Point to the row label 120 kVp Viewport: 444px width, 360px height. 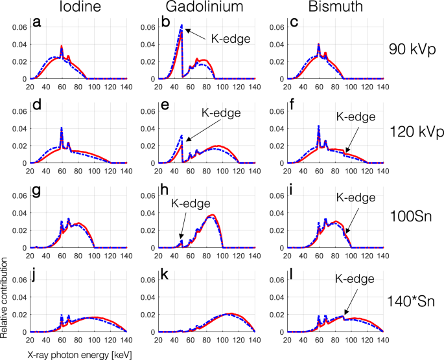tap(412, 133)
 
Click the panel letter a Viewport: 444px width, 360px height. tap(37, 24)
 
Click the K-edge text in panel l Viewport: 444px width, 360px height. tap(355, 279)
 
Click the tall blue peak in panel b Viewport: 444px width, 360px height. tap(181, 27)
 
